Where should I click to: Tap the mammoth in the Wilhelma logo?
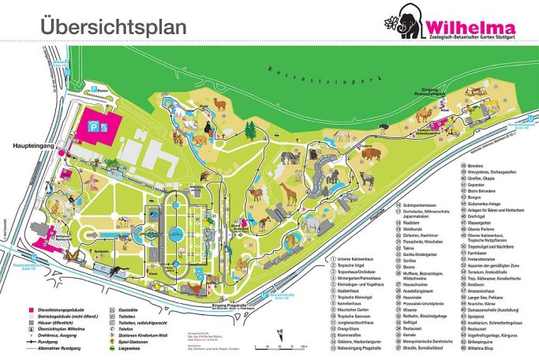coord(404,20)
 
